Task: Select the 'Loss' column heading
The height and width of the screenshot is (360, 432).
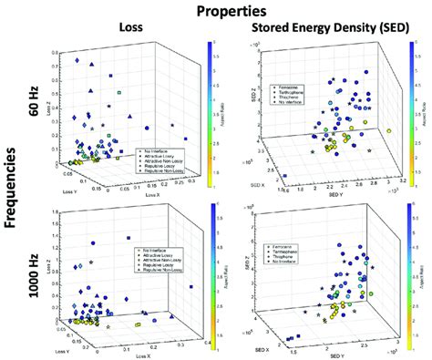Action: pos(129,27)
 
